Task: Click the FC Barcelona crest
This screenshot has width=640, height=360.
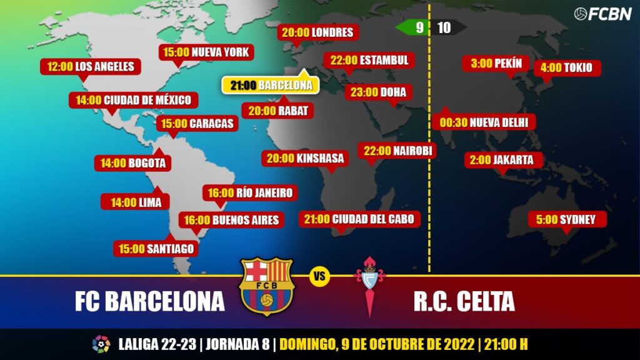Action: point(267,287)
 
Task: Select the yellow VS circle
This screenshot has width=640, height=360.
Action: point(319,277)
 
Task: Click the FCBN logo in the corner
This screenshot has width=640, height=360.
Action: point(602,14)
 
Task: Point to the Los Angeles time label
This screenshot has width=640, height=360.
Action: point(91,66)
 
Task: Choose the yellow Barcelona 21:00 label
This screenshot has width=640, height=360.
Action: point(271,85)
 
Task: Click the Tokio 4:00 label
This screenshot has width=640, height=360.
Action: point(567,67)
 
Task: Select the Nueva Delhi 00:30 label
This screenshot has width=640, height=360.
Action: point(484,122)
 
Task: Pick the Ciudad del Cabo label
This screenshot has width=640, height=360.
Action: point(359,219)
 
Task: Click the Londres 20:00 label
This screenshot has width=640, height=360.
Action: point(317,32)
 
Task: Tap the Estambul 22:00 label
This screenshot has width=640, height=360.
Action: point(369,60)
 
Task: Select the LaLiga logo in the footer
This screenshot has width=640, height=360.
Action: point(101,344)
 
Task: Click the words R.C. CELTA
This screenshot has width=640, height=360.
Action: point(464,302)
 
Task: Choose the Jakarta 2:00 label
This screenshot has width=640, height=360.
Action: point(501,160)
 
